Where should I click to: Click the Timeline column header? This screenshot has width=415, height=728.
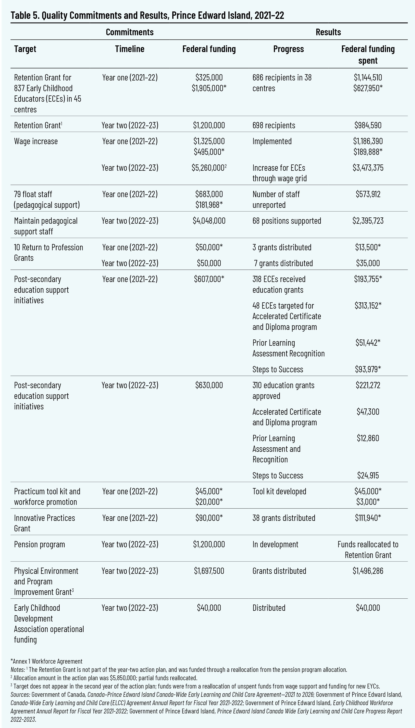point(129,49)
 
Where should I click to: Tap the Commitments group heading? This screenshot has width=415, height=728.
point(129,32)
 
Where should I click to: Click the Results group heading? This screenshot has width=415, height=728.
point(328,32)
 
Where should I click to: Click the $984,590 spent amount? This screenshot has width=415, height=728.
point(368,125)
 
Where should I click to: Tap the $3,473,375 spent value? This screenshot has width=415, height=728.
point(368,168)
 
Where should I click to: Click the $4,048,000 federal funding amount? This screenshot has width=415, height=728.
point(209,221)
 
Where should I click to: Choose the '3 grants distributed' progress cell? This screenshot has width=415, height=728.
point(282,247)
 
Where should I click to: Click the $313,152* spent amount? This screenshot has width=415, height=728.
point(368,306)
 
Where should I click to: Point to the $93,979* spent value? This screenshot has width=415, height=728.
point(368,369)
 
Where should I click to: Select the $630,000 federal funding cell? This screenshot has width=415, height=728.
point(209,385)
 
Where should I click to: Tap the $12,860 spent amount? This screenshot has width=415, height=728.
point(368,438)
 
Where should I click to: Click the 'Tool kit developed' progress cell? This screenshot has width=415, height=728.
point(279,491)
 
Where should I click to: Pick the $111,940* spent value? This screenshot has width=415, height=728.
point(368,518)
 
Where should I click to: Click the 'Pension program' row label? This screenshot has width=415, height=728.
point(40,544)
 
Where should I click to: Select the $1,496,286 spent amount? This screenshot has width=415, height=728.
point(368,571)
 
